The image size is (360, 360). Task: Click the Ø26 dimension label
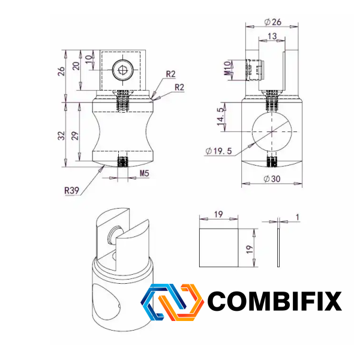272,22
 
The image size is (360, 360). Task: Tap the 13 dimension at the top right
272,36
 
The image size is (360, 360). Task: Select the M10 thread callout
227,68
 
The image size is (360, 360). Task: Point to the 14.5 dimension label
220,116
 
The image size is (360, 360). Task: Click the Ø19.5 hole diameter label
219,151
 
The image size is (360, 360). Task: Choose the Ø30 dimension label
272,179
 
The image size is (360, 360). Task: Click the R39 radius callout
71,190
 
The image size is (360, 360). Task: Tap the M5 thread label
145,173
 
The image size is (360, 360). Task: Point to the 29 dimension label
75,136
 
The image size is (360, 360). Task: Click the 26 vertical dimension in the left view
61,71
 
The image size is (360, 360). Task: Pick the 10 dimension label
89,59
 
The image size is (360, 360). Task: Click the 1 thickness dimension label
298,217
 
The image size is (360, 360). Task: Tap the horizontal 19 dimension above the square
218,214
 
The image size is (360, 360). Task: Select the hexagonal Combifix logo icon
172,302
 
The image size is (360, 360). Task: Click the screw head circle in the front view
122,70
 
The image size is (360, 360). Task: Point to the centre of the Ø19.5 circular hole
272,131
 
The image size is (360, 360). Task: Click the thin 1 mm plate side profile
278,248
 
